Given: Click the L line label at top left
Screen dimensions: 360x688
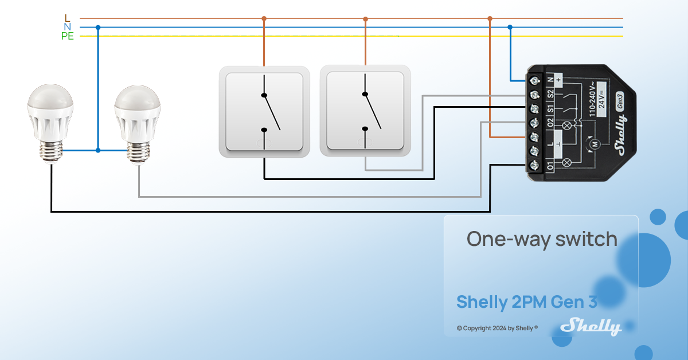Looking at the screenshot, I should pyautogui.click(x=67, y=18).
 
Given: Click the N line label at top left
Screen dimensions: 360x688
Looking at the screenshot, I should pyautogui.click(x=67, y=27).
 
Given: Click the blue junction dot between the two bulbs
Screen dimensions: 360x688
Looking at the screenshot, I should pyautogui.click(x=98, y=150).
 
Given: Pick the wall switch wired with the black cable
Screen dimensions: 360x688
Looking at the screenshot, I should pyautogui.click(x=264, y=112).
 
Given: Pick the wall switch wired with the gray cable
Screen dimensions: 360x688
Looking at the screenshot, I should pyautogui.click(x=365, y=112).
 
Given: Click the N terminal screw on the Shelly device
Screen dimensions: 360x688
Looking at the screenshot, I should pyautogui.click(x=535, y=79).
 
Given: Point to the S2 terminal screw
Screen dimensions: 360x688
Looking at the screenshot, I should pyautogui.click(x=535, y=93).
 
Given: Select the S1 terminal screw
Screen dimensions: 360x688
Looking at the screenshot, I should pyautogui.click(x=535, y=108).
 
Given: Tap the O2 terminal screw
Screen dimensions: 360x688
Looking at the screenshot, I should pyautogui.click(x=535, y=122).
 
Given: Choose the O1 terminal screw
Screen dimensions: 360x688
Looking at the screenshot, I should pyautogui.click(x=535, y=165).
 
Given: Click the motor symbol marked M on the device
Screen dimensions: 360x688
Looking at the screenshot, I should pyautogui.click(x=595, y=143).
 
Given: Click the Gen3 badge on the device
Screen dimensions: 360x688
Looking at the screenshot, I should pyautogui.click(x=620, y=97).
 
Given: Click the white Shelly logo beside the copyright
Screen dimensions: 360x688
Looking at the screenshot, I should pyautogui.click(x=591, y=327).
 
